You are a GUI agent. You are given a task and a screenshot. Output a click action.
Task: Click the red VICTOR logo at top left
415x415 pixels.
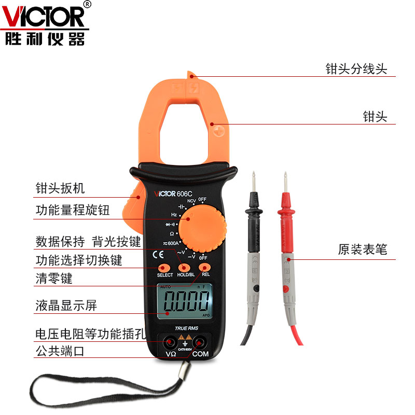[45, 17]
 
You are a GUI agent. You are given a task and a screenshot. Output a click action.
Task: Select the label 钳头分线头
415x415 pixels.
[356, 69]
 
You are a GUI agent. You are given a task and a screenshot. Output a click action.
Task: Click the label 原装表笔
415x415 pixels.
[363, 250]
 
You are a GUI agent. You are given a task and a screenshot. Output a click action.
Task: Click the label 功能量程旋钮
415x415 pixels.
[73, 210]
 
